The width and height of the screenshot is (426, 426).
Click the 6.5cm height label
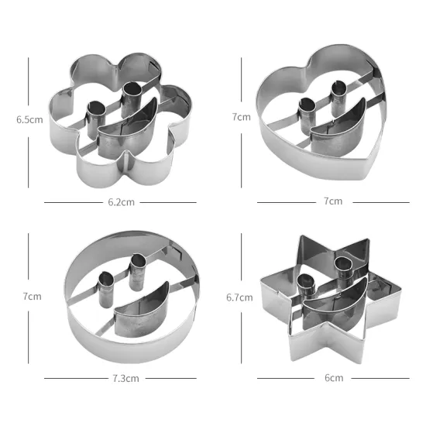(29, 120)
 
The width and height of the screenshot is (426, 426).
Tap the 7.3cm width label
(125, 379)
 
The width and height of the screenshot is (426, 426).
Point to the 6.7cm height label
(239, 297)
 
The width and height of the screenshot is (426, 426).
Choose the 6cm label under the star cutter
(333, 378)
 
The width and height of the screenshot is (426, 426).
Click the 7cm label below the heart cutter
(333, 201)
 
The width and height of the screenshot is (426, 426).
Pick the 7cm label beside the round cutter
(32, 296)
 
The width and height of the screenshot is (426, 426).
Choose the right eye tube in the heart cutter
(338, 98)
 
